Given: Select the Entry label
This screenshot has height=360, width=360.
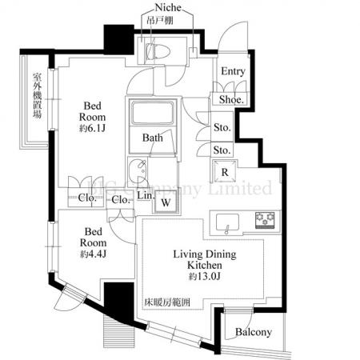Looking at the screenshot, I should pos(233,72).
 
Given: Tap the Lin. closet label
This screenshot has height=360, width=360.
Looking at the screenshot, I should pos(146,195).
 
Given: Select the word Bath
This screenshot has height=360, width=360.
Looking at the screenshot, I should pos(154,138).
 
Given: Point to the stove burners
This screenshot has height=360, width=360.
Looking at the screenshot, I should pos(265,218).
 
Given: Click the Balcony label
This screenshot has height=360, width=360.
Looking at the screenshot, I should pos(254,332).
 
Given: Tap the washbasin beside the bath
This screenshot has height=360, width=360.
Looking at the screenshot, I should pos(138,170).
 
